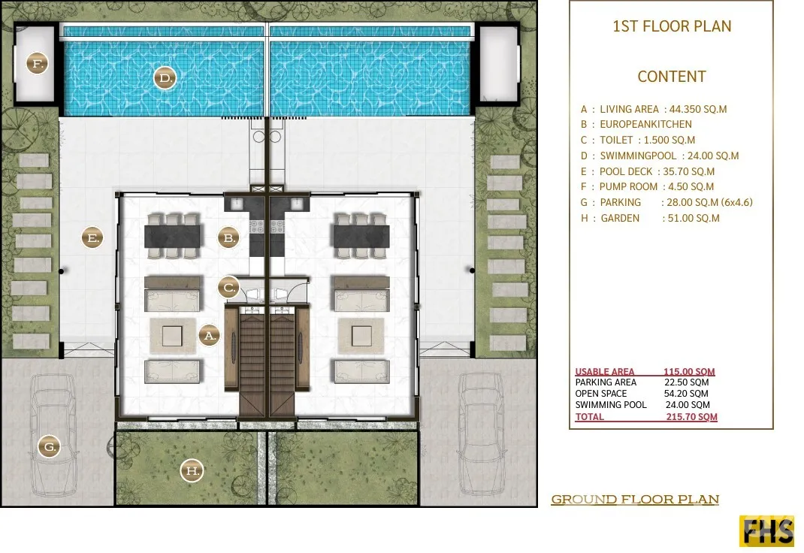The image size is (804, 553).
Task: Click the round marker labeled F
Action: tap(37, 64)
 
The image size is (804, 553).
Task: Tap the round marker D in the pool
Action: tap(165, 78)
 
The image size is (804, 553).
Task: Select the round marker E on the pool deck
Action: tap(92, 238)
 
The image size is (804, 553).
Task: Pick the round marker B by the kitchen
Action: tap(228, 238)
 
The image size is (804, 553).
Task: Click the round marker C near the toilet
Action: tap(229, 288)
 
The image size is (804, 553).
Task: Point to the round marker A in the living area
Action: tap(209, 336)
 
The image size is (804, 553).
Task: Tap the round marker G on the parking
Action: tap(50, 446)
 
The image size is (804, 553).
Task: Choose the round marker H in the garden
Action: tap(192, 470)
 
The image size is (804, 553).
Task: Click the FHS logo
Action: tap(766, 531)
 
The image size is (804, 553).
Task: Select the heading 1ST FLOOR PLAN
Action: tap(672, 26)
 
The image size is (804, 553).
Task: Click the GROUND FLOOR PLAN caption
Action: tap(635, 499)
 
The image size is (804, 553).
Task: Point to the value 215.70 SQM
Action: tap(691, 417)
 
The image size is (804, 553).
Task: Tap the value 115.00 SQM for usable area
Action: tap(689, 372)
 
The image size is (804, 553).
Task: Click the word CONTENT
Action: tap(672, 77)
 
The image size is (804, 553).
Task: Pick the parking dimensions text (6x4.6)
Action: tap(737, 202)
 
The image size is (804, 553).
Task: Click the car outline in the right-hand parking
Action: tap(480, 434)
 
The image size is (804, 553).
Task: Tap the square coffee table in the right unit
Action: tap(361, 336)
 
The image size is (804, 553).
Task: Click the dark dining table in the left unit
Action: tap(172, 236)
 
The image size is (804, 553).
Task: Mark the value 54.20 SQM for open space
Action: tap(686, 394)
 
